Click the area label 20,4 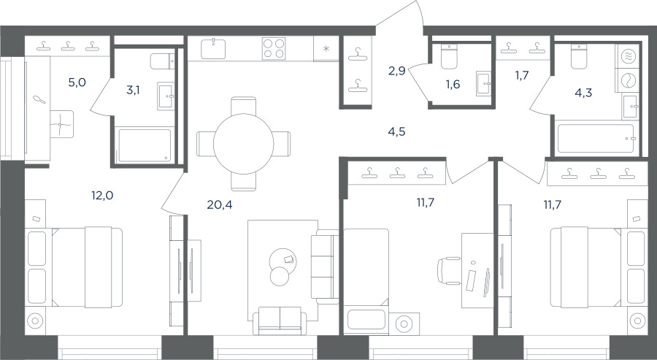point(220,204)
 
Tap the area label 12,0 point(102,195)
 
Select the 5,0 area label point(77,83)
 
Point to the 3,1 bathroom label point(133,90)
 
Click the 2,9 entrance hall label point(396,72)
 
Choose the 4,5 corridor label point(396,132)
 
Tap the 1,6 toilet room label point(453,85)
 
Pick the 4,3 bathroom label point(583,93)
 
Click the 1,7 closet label point(522,76)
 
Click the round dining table point(243,144)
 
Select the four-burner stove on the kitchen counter point(274,49)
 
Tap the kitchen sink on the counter point(213,49)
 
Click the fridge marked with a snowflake point(326,49)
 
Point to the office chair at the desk point(449,271)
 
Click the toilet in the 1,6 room point(449,56)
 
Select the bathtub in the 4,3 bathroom point(596,139)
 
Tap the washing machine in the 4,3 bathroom point(628,80)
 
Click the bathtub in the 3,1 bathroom point(145,145)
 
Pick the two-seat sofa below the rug point(280,321)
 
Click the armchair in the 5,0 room point(61,124)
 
